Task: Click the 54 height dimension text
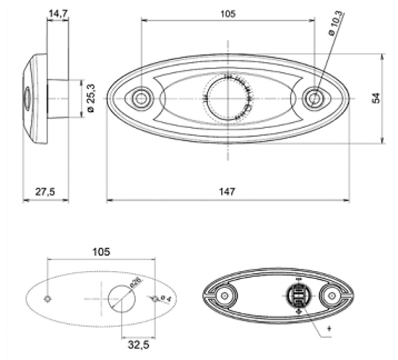pyautogui.click(x=376, y=98)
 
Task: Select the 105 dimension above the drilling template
pyautogui.click(x=101, y=252)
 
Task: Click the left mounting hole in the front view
pyautogui.click(x=142, y=98)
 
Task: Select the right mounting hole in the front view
pyautogui.click(x=315, y=98)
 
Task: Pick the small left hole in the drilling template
pyautogui.click(x=48, y=298)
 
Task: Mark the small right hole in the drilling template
pyautogui.click(x=156, y=298)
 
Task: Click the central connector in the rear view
pyautogui.click(x=298, y=297)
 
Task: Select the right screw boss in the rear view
pyautogui.click(x=332, y=297)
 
